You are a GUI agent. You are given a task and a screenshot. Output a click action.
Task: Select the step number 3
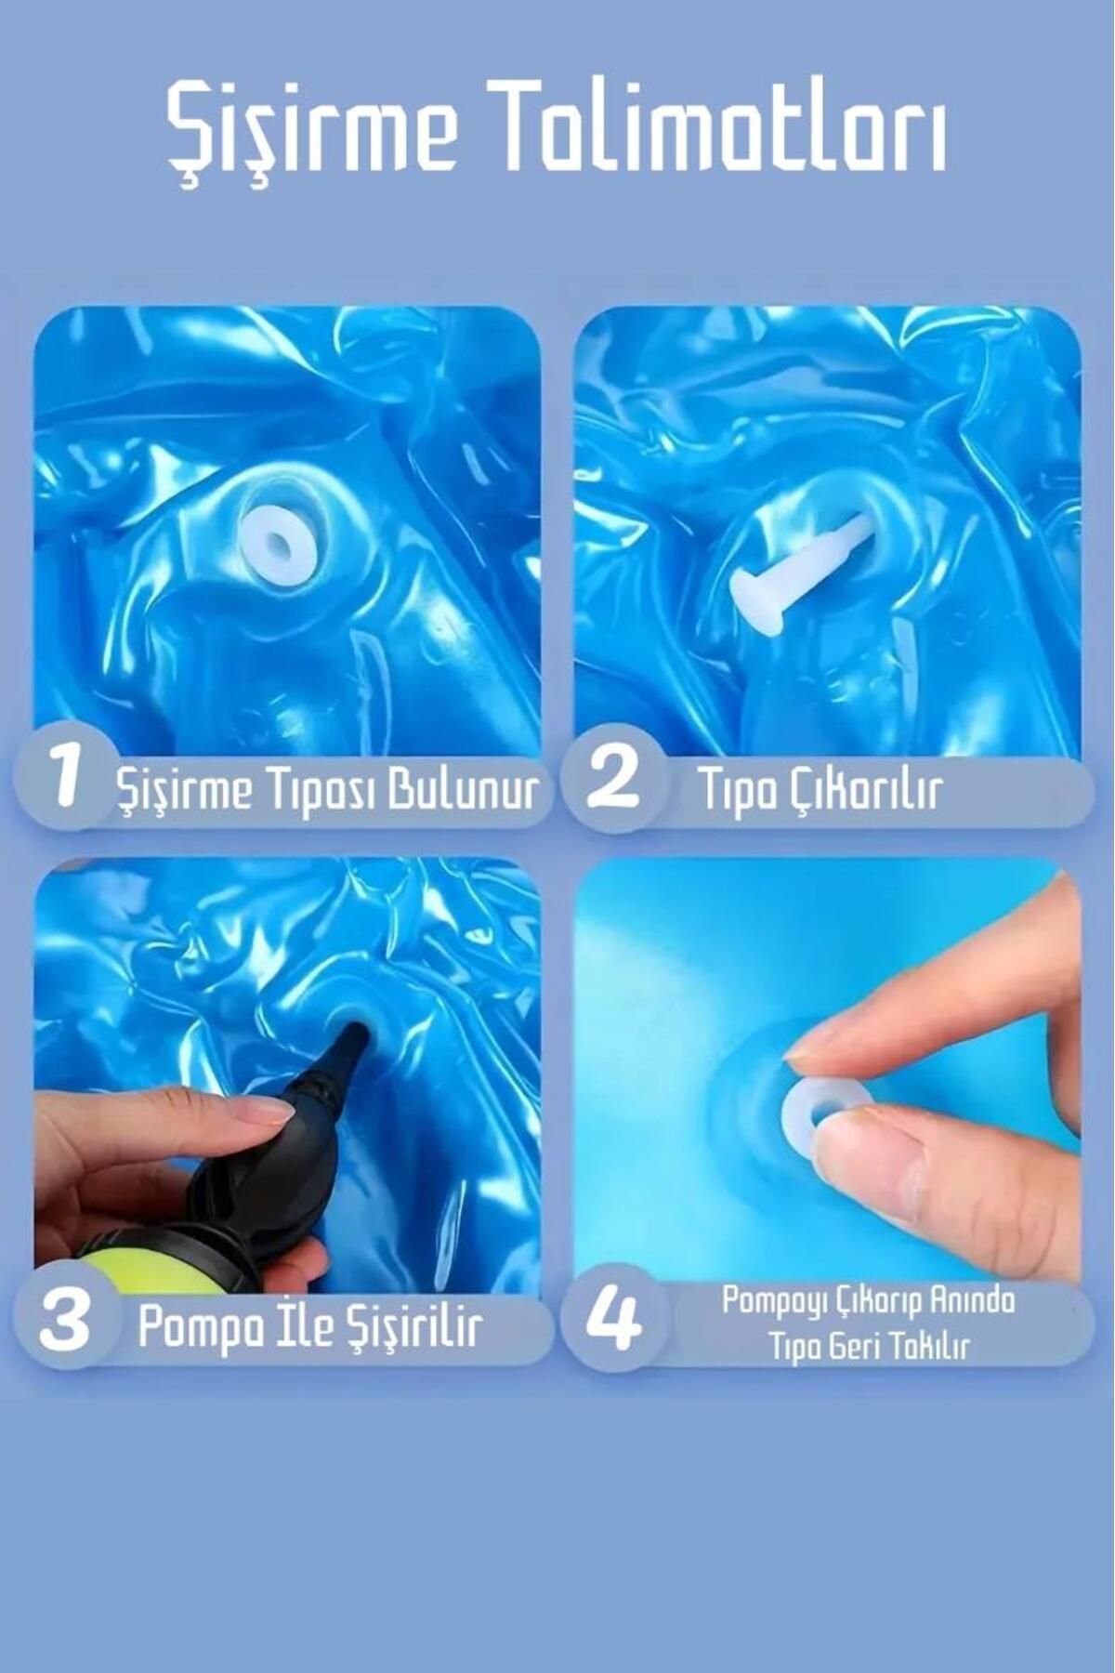pos(64,1322)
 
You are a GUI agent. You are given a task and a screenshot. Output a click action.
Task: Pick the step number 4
pos(614,1322)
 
